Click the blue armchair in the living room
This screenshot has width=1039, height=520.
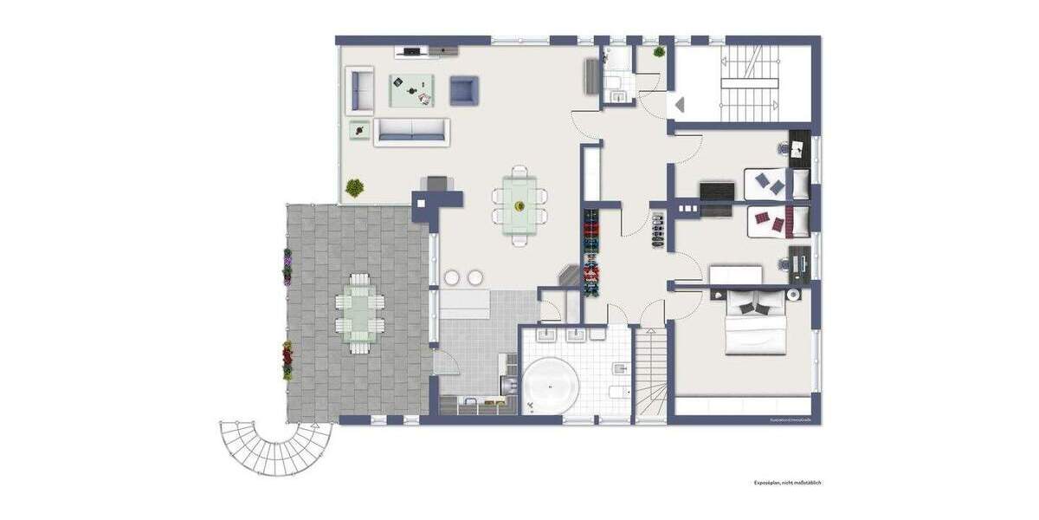point(463,90)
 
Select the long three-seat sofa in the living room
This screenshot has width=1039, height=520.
point(412,132)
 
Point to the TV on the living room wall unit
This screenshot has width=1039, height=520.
point(411,51)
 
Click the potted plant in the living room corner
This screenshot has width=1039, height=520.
point(354,186)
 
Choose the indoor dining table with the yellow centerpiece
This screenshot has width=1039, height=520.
point(519,205)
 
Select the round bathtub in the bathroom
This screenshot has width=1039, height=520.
point(547,384)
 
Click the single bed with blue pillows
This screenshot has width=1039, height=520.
point(777,183)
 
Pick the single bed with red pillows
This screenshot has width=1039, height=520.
point(777,222)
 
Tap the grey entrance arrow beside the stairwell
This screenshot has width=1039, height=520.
point(679,105)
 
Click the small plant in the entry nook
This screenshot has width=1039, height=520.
point(660,52)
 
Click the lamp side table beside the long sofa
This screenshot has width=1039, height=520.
point(359,130)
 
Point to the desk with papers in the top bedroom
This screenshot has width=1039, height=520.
point(799,144)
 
